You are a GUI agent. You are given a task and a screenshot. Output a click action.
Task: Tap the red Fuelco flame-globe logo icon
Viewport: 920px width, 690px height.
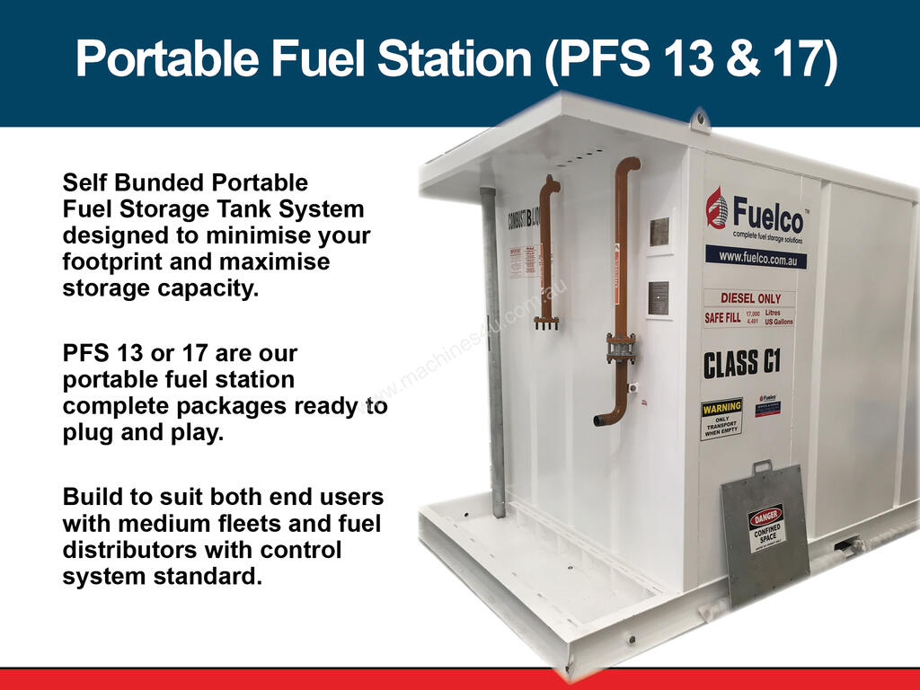(x=717, y=208)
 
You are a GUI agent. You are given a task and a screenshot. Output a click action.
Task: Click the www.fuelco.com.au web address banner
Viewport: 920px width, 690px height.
(x=755, y=257)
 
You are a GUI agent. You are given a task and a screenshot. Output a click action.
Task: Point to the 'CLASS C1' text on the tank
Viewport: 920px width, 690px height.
(x=741, y=363)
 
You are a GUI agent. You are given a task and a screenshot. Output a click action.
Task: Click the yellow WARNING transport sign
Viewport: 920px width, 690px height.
(x=721, y=419)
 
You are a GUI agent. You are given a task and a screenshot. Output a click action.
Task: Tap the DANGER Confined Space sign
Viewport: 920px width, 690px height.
(x=765, y=527)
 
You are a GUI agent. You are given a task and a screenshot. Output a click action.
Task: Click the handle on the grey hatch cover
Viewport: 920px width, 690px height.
(x=762, y=465)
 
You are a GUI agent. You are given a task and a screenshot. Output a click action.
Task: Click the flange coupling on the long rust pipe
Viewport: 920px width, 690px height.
(x=620, y=347)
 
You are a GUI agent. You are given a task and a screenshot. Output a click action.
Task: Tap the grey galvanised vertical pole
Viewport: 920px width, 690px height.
(x=493, y=350)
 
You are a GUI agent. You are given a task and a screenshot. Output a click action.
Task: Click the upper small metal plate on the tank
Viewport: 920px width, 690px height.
(x=659, y=232)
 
